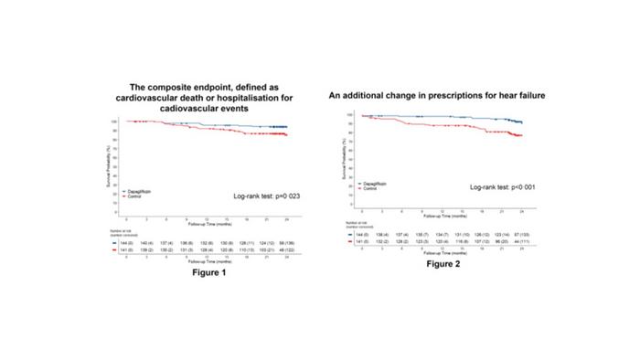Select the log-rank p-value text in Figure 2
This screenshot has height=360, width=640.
click(x=495, y=186)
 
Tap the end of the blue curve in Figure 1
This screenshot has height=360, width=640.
click(x=286, y=127)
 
